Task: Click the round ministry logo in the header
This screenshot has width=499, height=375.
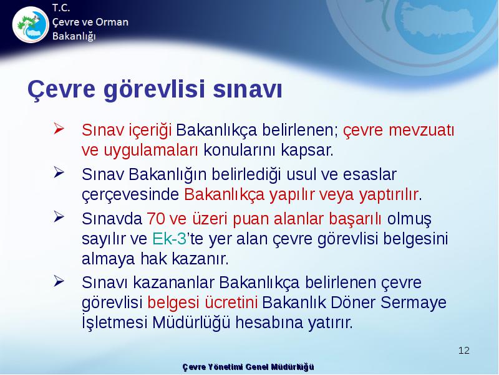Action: tap(31, 24)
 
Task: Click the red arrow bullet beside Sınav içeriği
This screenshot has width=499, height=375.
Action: tap(59, 129)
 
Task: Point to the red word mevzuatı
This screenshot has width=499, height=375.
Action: tap(422, 130)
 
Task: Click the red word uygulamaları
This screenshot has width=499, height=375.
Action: tap(150, 150)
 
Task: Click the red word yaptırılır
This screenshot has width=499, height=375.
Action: tap(388, 194)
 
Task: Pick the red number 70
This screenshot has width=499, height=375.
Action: tap(155, 219)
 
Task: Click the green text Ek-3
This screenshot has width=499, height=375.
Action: tap(169, 238)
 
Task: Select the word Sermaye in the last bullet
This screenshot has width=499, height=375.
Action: tap(414, 302)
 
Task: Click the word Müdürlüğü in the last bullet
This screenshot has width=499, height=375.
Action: tap(191, 322)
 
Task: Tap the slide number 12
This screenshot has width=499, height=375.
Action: tap(464, 351)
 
